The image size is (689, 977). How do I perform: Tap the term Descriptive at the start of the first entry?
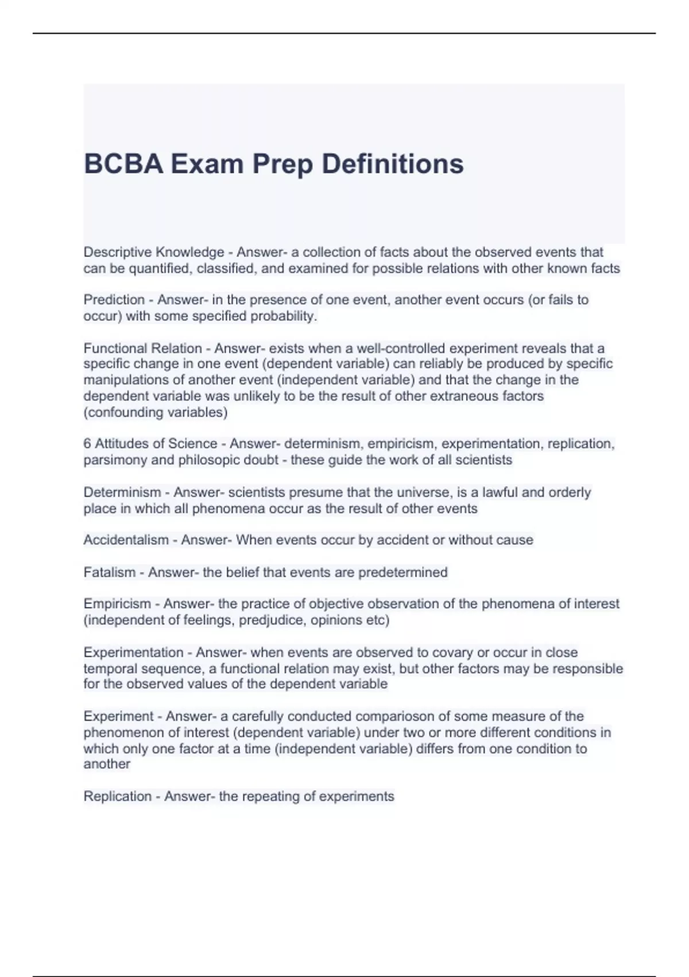point(118,252)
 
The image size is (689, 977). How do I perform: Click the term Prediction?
point(114,300)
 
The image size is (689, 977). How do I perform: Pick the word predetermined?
point(402,572)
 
